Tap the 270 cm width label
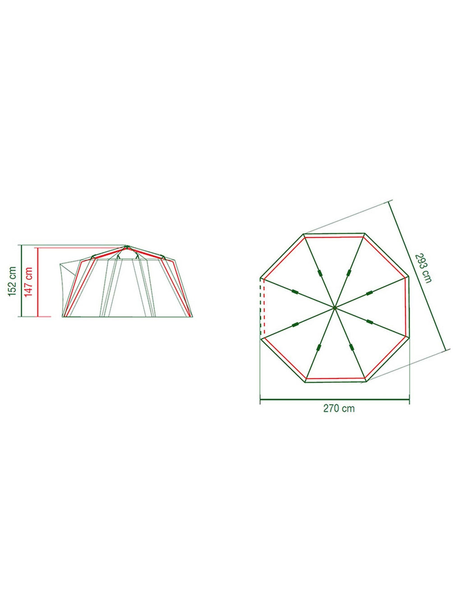[x=339, y=408]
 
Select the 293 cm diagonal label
[x=423, y=268]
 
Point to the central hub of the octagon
[x=334, y=308]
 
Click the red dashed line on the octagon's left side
[x=264, y=308]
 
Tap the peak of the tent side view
[x=126, y=246]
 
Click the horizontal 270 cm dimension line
[x=335, y=399]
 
